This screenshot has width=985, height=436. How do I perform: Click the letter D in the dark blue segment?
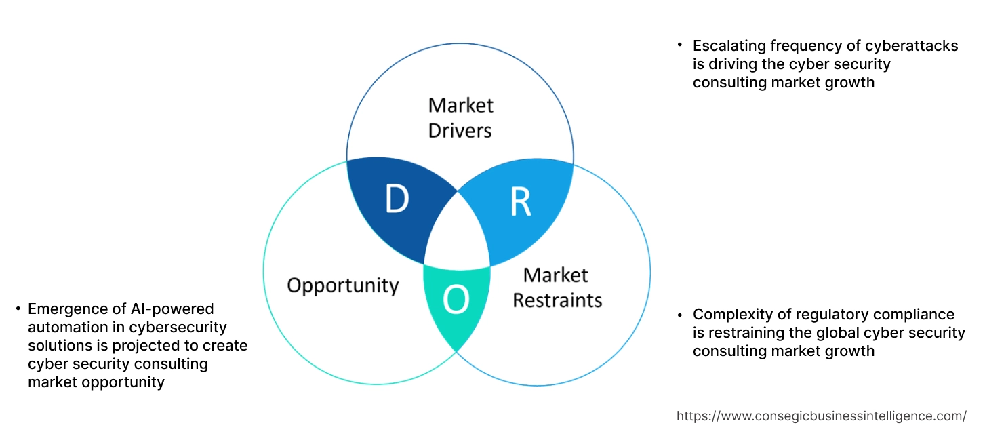point(397,199)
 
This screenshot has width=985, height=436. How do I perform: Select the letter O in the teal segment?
point(456,300)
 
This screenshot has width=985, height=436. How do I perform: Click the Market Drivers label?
point(460,117)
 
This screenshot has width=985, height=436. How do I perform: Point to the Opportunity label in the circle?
point(342,285)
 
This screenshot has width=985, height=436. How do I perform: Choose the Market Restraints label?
point(557,287)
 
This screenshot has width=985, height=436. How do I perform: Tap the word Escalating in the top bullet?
point(727,45)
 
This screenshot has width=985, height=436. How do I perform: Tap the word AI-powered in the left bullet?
point(175,309)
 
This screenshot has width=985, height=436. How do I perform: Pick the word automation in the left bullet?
point(64,328)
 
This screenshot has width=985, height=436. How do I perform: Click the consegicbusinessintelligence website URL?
point(822,416)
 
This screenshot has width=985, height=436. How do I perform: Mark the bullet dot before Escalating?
point(679,45)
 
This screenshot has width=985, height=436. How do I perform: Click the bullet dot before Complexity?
point(679,315)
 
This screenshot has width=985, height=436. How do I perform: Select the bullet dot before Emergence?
point(18,309)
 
